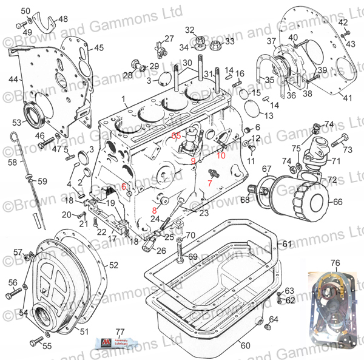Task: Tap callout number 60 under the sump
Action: click(245, 345)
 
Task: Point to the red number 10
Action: click(221, 155)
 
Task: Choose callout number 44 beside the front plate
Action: click(13, 79)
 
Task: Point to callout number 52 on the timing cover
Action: click(114, 265)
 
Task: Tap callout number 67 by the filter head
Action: click(266, 169)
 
